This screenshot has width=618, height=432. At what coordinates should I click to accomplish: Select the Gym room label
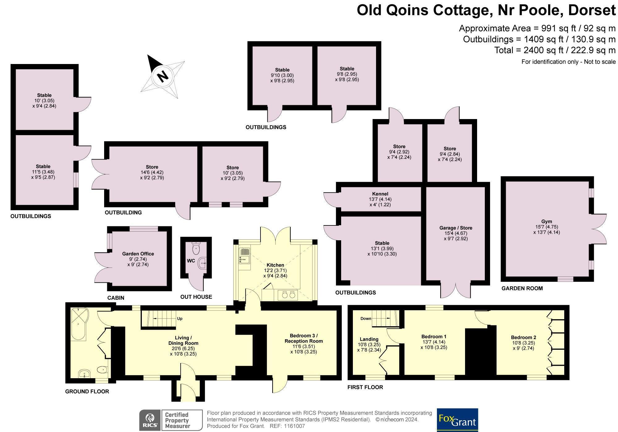coord(546,221)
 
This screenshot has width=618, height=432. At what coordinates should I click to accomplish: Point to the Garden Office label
coord(138,254)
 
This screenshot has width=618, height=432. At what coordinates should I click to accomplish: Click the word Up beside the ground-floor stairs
coord(180,319)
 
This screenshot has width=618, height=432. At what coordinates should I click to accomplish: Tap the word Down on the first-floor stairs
coord(366,319)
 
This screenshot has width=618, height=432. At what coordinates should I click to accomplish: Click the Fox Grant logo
coord(457,420)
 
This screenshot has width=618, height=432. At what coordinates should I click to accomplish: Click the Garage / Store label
coord(456,228)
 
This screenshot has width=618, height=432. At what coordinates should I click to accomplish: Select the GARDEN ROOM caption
coord(522,288)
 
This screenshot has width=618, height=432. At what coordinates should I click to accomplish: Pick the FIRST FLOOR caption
coord(365,387)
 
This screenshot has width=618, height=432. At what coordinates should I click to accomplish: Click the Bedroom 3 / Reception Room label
coord(304,338)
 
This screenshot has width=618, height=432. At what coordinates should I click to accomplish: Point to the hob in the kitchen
coord(288,295)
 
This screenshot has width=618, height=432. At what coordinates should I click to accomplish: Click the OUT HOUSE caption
coord(196,297)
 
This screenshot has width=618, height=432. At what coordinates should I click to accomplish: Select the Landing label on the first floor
coord(369,339)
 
